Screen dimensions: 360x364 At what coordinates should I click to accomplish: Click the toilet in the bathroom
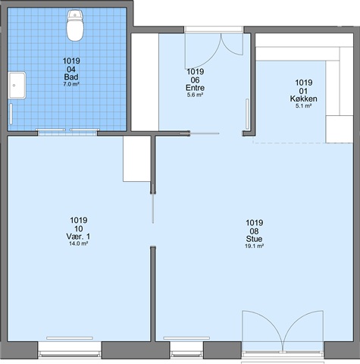click(75, 25)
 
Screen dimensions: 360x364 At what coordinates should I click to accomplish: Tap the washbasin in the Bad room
click(17, 86)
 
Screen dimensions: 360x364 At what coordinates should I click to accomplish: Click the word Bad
click(71, 77)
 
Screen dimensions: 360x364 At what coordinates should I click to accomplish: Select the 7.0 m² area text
click(71, 84)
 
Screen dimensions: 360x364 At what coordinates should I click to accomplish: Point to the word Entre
click(195, 88)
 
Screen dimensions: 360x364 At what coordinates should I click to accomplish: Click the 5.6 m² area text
click(195, 95)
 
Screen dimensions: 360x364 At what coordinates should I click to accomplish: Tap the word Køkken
click(303, 99)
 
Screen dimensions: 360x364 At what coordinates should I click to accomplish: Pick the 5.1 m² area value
click(303, 106)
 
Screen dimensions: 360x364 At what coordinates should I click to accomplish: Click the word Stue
click(254, 239)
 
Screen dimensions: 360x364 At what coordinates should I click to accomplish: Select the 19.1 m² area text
click(254, 246)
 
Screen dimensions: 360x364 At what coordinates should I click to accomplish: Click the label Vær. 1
click(78, 237)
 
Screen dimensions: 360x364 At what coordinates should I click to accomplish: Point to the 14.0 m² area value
click(78, 243)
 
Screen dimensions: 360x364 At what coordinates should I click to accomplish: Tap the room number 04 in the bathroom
click(71, 69)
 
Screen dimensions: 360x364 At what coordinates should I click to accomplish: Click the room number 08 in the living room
click(254, 231)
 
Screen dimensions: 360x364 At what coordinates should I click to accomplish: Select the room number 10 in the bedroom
click(78, 229)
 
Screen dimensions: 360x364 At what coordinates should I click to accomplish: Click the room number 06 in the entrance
click(195, 80)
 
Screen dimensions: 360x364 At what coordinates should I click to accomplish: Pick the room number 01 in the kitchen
click(303, 91)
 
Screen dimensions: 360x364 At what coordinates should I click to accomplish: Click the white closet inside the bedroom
click(136, 158)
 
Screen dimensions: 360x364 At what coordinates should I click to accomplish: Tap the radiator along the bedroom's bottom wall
click(70, 338)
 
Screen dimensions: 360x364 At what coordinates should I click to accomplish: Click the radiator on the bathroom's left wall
click(11, 114)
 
